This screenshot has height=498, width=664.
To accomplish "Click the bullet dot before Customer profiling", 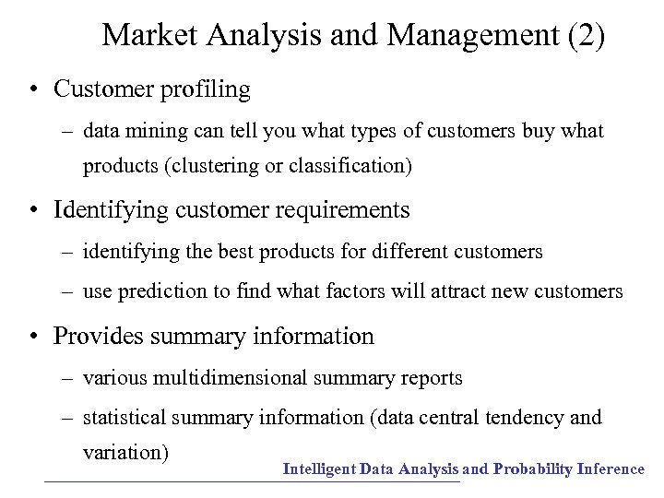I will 32,90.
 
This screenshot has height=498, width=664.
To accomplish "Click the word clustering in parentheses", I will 216,167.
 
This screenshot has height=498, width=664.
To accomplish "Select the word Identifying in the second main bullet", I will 105,210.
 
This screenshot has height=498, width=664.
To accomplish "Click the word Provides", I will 97,336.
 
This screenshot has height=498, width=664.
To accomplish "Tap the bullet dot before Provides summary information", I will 32,337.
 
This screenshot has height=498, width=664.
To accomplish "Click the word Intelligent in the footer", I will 319,469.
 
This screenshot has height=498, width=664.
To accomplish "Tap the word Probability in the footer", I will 532,469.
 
